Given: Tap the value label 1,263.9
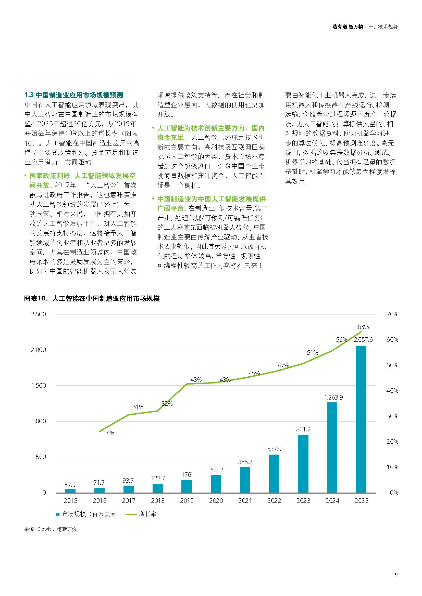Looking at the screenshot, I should tap(333, 398).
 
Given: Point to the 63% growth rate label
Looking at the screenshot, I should tap(363, 327).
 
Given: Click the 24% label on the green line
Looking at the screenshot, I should tap(109, 433).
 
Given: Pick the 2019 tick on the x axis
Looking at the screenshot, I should tap(187, 501).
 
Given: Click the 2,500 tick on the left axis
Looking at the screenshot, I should tap(39, 314).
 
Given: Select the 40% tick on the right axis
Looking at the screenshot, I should tap(392, 390).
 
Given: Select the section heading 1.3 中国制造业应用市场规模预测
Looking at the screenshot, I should tap(74, 95).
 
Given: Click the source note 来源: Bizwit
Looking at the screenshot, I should tap(51, 529).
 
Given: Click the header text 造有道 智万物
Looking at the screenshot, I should tap(347, 27).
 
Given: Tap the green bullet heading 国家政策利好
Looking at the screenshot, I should tap(49, 176).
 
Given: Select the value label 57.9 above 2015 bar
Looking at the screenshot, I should tap(70, 485).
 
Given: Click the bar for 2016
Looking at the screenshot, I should tap(100, 490).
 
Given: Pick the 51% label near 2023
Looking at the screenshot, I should tap(312, 352).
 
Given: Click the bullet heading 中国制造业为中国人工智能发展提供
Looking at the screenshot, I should tap(211, 199).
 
